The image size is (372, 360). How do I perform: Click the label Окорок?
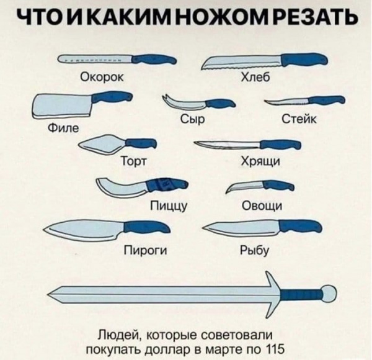pyautogui.click(x=102, y=77)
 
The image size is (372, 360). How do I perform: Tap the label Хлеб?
pyautogui.click(x=255, y=77)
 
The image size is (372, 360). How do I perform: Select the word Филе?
pyautogui.click(x=63, y=128)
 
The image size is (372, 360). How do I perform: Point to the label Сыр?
pyautogui.click(x=192, y=119)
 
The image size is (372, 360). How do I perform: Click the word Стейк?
pyautogui.click(x=299, y=119)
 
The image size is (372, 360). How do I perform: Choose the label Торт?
pyautogui.click(x=134, y=161)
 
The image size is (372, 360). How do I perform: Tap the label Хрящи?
pyautogui.click(x=260, y=161)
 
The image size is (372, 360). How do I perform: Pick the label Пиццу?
pyautogui.click(x=169, y=206)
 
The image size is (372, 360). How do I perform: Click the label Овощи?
pyautogui.click(x=262, y=205)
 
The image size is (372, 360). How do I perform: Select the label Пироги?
pyautogui.click(x=146, y=250)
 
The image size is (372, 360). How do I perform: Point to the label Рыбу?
pyautogui.click(x=255, y=250)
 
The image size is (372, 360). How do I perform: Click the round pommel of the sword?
pyautogui.click(x=329, y=294)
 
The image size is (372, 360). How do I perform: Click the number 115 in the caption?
pyautogui.click(x=275, y=349)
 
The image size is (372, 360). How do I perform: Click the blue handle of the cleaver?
pyautogui.click(x=111, y=97)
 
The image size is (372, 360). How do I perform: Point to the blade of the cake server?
pyautogui.click(x=102, y=143)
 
